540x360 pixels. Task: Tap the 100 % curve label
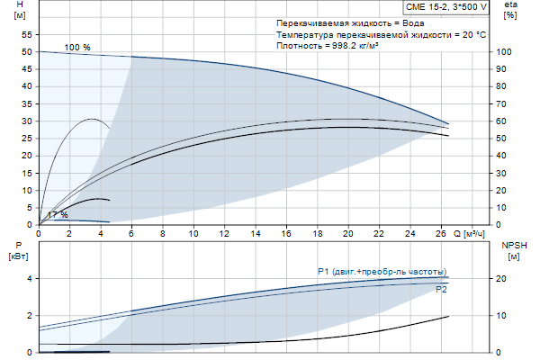[x=77, y=46]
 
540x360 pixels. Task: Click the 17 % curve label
[x=58, y=215]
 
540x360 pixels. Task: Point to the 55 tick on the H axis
[x=26, y=35]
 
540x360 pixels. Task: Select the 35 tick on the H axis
[x=26, y=104]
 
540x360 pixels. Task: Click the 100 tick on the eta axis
[x=504, y=52]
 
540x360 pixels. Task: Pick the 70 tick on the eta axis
[x=504, y=104]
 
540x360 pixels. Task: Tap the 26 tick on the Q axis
[x=441, y=233]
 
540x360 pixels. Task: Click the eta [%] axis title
[x=510, y=11]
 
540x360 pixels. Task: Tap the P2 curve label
[x=441, y=290]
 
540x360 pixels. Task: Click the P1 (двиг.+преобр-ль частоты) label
[x=382, y=271]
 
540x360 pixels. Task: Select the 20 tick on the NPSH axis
[x=504, y=279]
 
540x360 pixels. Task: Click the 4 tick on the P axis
[x=30, y=279]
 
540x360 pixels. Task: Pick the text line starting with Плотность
[x=327, y=44]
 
